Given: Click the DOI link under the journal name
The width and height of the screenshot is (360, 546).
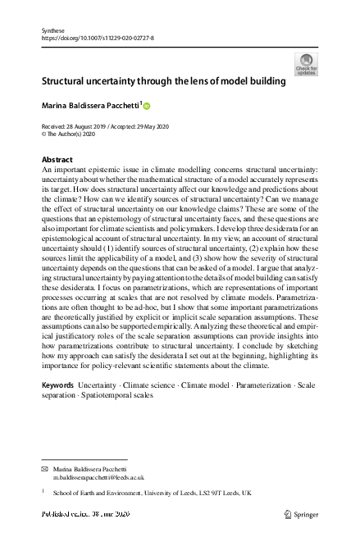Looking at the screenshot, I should (x=97, y=38).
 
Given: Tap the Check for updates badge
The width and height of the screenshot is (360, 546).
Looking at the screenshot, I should (x=305, y=65).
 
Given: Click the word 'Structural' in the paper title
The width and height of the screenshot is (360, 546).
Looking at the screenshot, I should (x=69, y=82).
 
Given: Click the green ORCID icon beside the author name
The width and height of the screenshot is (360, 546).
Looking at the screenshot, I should (x=147, y=107).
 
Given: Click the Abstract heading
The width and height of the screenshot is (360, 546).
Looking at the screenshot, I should (x=57, y=159).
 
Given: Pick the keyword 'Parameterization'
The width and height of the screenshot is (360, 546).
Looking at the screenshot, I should (x=264, y=384).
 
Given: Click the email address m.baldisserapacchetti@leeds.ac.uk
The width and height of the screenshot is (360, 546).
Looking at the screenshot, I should (x=99, y=476).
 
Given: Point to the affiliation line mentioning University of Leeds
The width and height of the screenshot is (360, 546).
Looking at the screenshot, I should (x=153, y=494).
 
